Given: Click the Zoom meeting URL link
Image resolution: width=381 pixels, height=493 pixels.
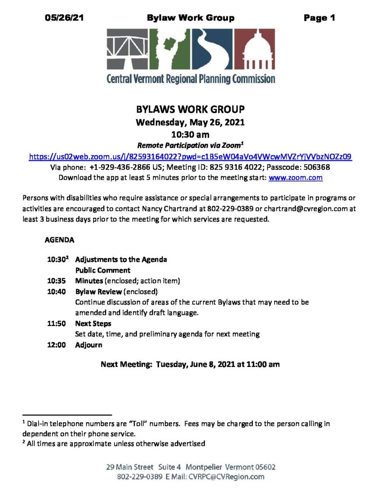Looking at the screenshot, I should click(190, 156).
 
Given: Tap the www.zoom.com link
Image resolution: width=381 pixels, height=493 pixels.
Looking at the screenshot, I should click(295, 178).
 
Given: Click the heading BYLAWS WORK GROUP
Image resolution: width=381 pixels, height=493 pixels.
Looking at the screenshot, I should click(190, 109).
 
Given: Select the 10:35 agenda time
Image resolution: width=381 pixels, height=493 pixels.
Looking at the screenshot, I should click(56, 281).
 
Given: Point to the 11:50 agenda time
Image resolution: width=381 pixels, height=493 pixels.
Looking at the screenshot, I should click(56, 324).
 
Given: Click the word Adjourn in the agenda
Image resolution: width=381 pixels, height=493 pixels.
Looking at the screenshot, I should click(89, 345).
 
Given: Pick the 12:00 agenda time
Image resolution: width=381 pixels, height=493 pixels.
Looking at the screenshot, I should click(56, 345).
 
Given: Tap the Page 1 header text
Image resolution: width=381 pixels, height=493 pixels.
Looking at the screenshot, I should click(319, 18).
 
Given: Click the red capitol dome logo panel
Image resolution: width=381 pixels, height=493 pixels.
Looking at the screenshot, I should click(255, 49).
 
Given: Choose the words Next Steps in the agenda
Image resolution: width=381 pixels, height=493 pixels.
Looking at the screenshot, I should click(93, 324).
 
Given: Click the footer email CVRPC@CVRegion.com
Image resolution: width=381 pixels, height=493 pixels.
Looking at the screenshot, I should click(228, 477).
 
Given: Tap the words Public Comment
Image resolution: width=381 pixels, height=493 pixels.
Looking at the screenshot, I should click(103, 270).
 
